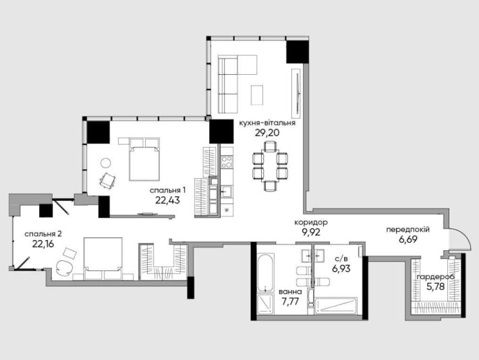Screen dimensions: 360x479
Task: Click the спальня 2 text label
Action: tap(43, 233)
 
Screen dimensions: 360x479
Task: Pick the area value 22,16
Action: tap(43, 244)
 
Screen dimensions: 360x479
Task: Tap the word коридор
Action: tap(311, 222)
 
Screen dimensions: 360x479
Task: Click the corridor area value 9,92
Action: tap(311, 232)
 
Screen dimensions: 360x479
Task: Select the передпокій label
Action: tap(407, 229)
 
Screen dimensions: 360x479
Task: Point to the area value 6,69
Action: tap(407, 240)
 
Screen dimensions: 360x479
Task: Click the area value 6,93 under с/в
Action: tap(341, 268)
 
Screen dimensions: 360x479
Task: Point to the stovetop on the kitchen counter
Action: tap(227, 162)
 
